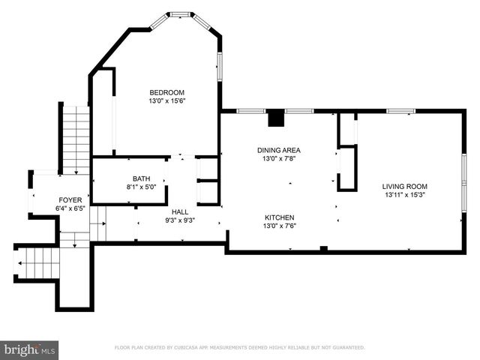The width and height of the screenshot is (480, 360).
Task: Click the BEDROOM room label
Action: (166, 93)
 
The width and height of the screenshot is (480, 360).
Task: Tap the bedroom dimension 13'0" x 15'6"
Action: (166, 100)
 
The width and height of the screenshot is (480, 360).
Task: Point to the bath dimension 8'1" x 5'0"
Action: (142, 187)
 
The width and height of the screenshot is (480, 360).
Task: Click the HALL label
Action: (180, 212)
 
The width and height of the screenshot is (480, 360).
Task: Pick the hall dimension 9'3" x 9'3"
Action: (180, 220)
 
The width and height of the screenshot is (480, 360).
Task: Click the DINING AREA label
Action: (279, 150)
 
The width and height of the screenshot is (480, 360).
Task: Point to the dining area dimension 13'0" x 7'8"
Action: (279, 158)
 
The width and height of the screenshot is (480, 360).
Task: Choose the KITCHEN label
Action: (279, 217)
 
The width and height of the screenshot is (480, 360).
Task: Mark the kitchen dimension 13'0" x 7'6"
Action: (279, 226)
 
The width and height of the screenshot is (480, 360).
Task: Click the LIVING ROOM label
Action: (404, 187)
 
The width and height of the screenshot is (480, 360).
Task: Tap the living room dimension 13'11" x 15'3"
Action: (404, 195)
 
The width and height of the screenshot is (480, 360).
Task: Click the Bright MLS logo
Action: (30, 349)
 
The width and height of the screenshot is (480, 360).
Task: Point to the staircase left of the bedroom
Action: (76, 138)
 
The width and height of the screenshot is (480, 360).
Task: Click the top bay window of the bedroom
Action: (180, 14)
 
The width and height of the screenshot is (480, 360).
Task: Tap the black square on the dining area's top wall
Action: (276, 118)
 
